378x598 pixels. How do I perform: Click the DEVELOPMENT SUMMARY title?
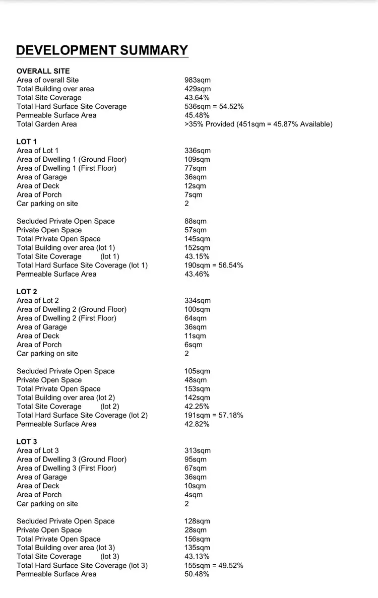click(x=102, y=50)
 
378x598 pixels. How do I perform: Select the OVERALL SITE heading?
click(x=43, y=71)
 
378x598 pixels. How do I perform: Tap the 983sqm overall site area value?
click(x=198, y=80)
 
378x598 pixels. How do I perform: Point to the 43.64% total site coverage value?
click(x=197, y=98)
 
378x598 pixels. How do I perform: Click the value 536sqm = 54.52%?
click(x=214, y=106)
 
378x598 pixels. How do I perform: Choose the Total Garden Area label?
click(x=47, y=124)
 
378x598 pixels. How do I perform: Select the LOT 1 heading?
click(x=27, y=142)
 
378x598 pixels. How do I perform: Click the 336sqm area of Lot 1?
click(x=198, y=151)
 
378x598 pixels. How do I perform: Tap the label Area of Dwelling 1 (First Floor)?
click(x=67, y=168)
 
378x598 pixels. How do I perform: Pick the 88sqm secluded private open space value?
click(x=196, y=221)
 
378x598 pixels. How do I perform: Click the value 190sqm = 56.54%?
click(x=214, y=265)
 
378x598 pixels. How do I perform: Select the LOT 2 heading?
click(x=27, y=292)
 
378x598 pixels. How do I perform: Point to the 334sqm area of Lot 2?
click(x=198, y=301)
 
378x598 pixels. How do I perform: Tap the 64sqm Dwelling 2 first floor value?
click(x=196, y=318)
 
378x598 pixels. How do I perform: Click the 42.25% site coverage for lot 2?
click(x=197, y=407)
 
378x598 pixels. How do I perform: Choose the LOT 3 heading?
click(x=27, y=442)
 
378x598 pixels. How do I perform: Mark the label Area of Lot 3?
click(x=38, y=450)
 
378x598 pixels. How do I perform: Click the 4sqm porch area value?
click(x=194, y=495)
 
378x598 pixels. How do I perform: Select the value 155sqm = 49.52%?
click(x=214, y=565)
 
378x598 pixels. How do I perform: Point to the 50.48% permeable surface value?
click(x=197, y=574)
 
